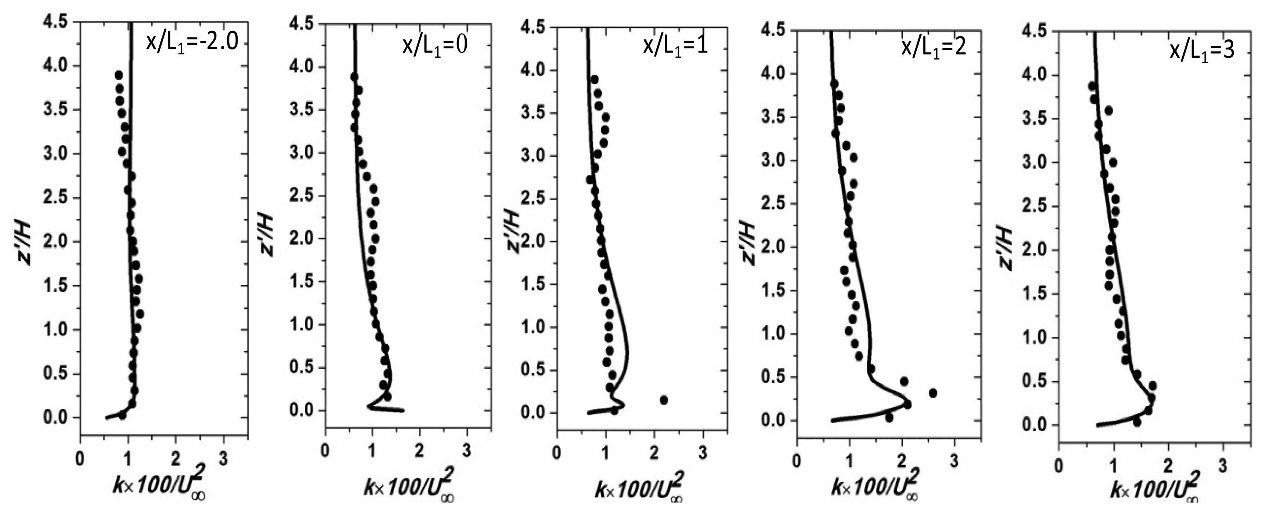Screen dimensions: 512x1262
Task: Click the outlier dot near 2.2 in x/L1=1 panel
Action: pos(664,400)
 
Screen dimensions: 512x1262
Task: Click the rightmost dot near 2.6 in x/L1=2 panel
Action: pos(933,393)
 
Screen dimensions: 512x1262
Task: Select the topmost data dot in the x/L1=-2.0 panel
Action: pos(118,75)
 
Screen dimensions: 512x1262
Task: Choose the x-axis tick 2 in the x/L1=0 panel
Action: pos(419,451)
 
